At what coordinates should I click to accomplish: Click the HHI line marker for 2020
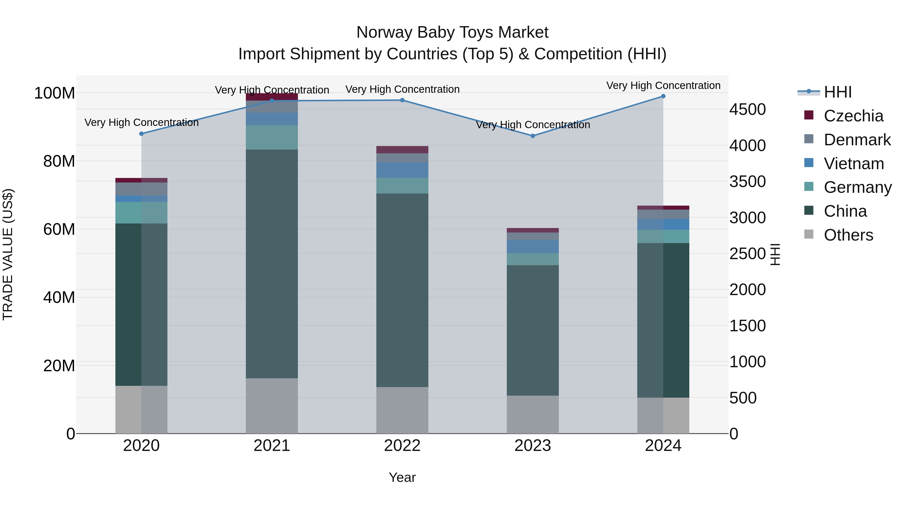pos(141,133)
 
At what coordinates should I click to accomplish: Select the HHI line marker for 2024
pos(663,96)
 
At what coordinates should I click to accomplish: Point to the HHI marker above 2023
pos(533,135)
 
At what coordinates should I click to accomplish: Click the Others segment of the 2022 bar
pos(402,410)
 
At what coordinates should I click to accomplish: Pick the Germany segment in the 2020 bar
pos(141,212)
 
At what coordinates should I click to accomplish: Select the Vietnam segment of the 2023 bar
pos(533,246)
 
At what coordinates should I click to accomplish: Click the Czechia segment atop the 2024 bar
pos(663,207)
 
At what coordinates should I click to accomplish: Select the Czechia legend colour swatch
pos(808,115)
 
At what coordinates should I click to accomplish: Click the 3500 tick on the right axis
pos(747,182)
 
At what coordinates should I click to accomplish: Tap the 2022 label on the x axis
pos(402,445)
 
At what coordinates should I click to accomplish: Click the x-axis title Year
pos(402,477)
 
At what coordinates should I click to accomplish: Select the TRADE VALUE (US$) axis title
pos(8,254)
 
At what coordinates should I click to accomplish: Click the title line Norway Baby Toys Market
pos(452,32)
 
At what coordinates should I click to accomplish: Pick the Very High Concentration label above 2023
pos(533,125)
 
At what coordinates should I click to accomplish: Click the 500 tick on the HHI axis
pos(743,398)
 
